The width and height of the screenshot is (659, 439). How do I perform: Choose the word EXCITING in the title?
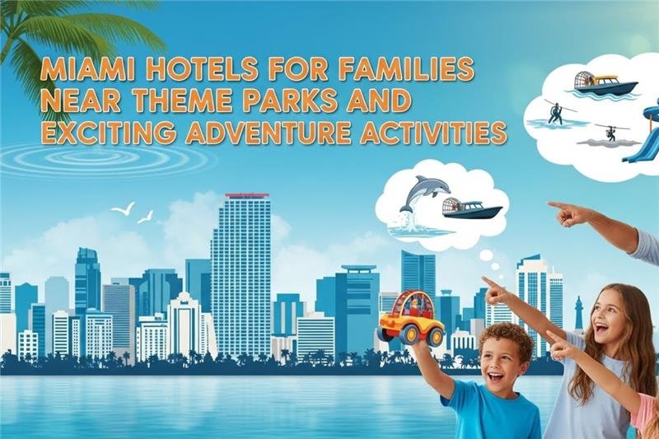pyautogui.click(x=107, y=131)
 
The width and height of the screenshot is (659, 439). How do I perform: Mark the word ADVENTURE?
pyautogui.click(x=271, y=131)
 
